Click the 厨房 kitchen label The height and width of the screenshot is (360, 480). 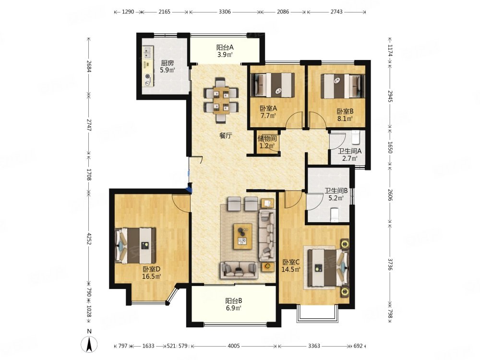pyautogui.click(x=168, y=63)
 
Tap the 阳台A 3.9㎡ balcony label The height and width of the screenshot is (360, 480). pyautogui.click(x=225, y=51)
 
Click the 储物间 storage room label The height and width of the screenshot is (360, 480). pyautogui.click(x=267, y=138)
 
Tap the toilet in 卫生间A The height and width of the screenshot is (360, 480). pyautogui.click(x=355, y=137)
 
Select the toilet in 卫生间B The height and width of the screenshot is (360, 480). pyautogui.click(x=334, y=214)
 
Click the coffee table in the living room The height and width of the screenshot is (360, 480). pyautogui.click(x=243, y=236)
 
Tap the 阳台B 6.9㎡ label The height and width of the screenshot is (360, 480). pyautogui.click(x=234, y=304)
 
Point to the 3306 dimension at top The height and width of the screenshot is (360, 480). pyautogui.click(x=225, y=12)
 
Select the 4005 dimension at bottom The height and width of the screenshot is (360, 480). pyautogui.click(x=234, y=346)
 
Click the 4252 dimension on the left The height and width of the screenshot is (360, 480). pyautogui.click(x=89, y=239)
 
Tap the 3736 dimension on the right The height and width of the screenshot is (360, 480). pyautogui.click(x=390, y=264)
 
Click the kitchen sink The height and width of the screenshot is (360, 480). pyautogui.click(x=148, y=52)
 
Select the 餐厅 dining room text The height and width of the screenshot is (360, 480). pyautogui.click(x=226, y=136)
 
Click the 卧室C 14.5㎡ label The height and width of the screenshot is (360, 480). pyautogui.click(x=291, y=266)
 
